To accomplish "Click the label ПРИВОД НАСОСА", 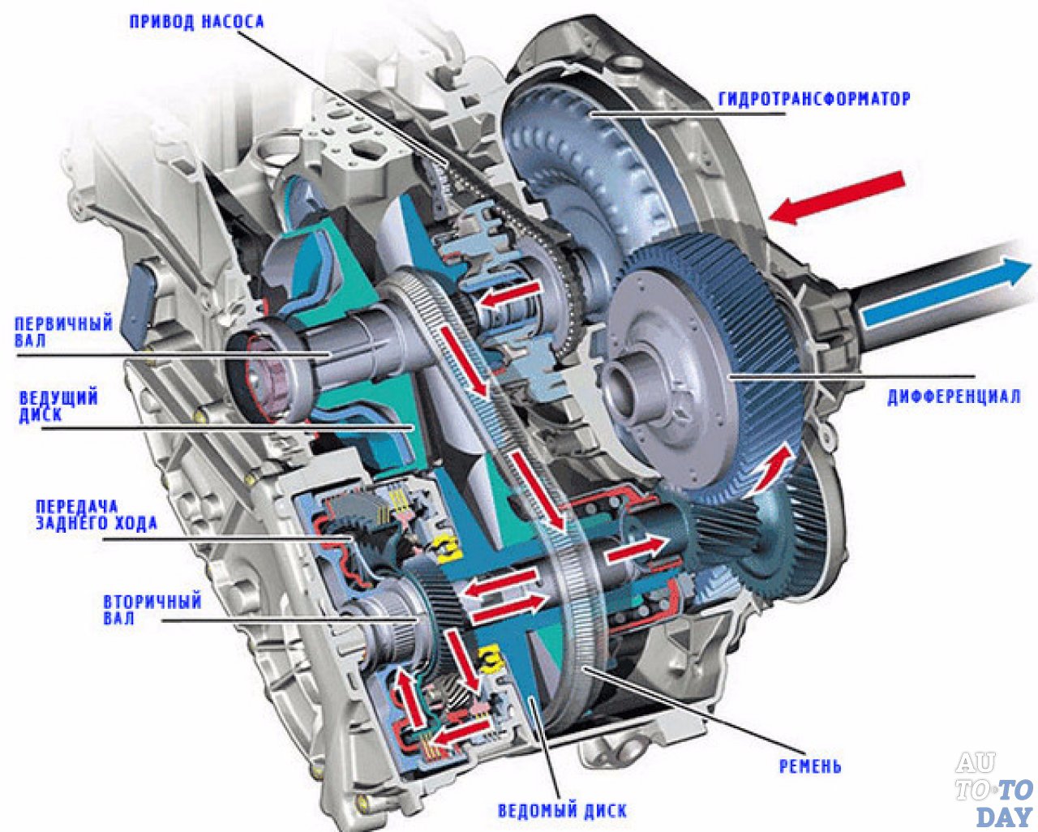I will pos(196,21).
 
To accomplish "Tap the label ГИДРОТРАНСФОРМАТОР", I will pos(813,99).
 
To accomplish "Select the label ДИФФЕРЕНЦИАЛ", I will pos(953,397).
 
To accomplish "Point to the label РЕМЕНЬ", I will pos(809,766).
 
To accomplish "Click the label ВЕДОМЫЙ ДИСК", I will pos(561,809).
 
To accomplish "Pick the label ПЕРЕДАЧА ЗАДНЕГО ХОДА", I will pos(96,515).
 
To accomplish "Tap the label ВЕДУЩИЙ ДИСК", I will pos(58,406).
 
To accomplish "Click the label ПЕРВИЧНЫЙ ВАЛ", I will pos(63,332).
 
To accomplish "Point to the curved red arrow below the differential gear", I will pos(771,470).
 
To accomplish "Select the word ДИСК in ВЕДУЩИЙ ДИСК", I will pos(41,415).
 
